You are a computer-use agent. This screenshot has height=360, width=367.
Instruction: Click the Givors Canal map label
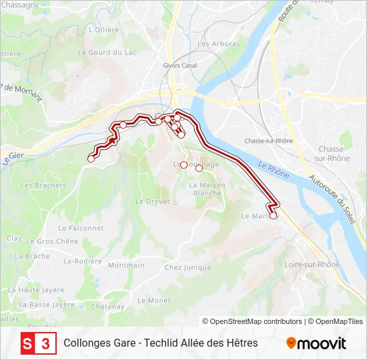pyautogui.click(x=180, y=65)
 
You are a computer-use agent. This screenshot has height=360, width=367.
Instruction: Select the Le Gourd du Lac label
pyautogui.click(x=107, y=52)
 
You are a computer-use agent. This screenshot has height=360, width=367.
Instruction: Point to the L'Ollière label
pyautogui.click(x=103, y=30)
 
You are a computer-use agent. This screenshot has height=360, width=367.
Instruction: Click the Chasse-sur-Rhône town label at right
pyautogui.click(x=334, y=153)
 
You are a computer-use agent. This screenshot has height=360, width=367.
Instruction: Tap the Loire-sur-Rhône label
pyautogui.click(x=312, y=265)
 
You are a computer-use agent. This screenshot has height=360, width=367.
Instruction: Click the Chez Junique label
pyautogui.click(x=188, y=267)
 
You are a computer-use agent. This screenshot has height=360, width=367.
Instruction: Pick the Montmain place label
pyautogui.click(x=125, y=265)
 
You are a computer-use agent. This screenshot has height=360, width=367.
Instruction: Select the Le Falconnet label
pyautogui.click(x=86, y=228)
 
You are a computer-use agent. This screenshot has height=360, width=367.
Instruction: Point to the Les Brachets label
pyautogui.click(x=43, y=185)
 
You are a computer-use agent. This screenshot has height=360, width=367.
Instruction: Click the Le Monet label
pyautogui.click(x=153, y=301)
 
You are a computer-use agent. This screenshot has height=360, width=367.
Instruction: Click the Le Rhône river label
pyautogui.click(x=274, y=171)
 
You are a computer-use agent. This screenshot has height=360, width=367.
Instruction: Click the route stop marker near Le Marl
pyautogui.click(x=273, y=215)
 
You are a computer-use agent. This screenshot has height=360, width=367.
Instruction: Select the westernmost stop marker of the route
pyautogui.click(x=91, y=159)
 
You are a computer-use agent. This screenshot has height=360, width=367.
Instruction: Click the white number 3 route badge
pyautogui.click(x=45, y=343)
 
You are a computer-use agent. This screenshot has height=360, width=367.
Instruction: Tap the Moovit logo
pyautogui.click(x=316, y=343)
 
